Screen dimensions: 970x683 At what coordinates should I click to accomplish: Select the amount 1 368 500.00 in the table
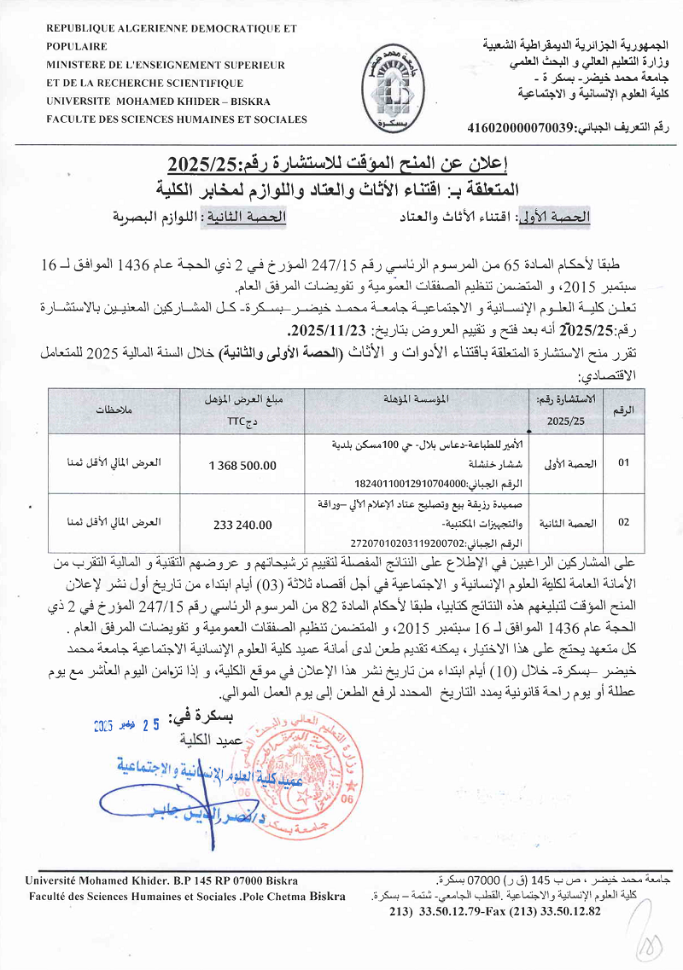tap(242, 465)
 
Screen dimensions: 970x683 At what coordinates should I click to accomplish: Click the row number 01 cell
tap(623, 463)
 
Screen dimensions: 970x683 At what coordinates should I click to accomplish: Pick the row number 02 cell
tap(623, 522)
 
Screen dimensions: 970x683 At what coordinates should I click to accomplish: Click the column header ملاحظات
tap(113, 411)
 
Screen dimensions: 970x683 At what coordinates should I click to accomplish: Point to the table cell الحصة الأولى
tap(563, 463)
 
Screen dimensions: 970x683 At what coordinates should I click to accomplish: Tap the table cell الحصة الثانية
tap(563, 522)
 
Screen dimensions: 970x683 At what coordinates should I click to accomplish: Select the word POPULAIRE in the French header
tap(77, 47)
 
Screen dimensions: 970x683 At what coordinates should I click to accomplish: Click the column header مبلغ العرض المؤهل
tap(242, 398)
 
